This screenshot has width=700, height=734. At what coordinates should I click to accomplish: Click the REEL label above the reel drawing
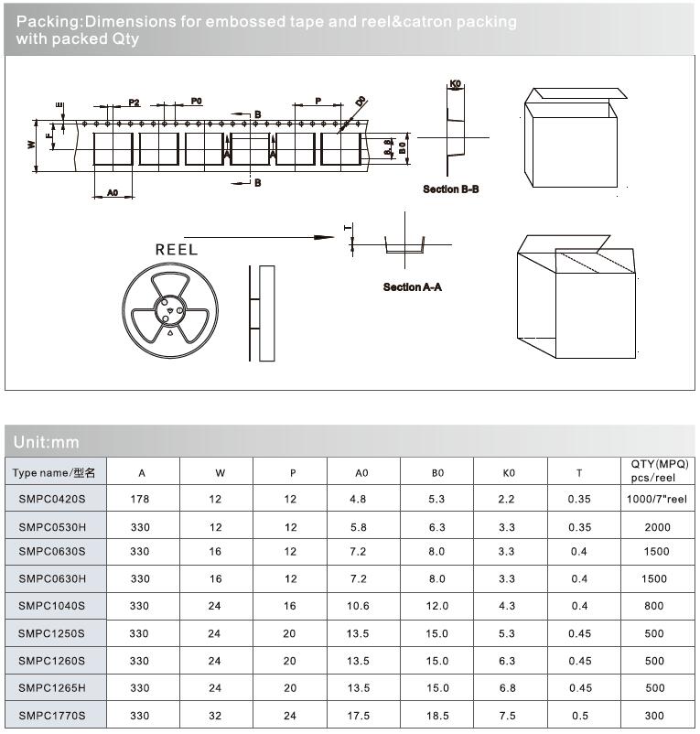point(176,249)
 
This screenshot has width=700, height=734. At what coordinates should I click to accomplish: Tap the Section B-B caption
point(450,189)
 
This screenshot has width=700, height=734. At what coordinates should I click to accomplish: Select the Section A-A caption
point(412,287)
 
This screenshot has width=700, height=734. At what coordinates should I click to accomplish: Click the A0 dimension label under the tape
point(113,193)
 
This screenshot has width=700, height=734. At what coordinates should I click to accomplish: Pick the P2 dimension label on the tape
point(134,102)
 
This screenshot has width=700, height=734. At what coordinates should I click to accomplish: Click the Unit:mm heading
point(47,442)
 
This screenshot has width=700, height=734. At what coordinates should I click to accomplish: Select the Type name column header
point(56,472)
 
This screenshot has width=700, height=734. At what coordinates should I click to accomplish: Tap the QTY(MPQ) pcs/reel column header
point(659,470)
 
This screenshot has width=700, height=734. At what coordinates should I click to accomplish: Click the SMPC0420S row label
point(52,499)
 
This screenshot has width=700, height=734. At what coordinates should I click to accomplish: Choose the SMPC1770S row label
point(52,715)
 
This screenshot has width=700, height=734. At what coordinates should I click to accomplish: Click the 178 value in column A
point(142,499)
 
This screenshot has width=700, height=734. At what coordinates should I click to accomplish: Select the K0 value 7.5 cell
point(509,715)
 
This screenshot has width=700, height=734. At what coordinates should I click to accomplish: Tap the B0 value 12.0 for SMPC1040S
point(436,605)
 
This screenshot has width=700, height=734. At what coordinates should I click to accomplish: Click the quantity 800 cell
point(654,605)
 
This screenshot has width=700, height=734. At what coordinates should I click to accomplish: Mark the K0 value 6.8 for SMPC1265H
point(509,687)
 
